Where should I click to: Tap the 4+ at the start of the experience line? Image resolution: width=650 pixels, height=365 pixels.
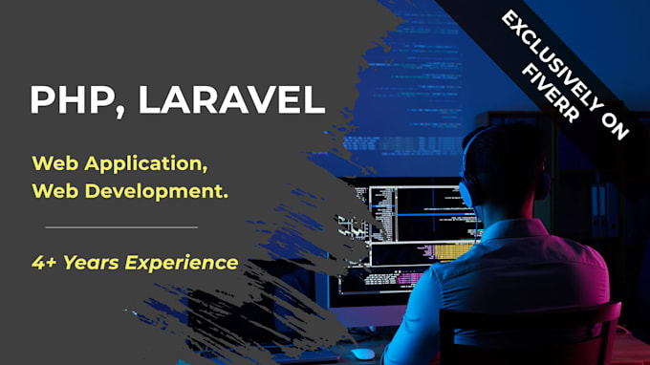(x=44, y=261)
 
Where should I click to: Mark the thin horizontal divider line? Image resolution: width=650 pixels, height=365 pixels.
(x=121, y=226)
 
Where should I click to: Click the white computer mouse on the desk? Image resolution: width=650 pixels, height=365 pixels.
(x=362, y=354)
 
